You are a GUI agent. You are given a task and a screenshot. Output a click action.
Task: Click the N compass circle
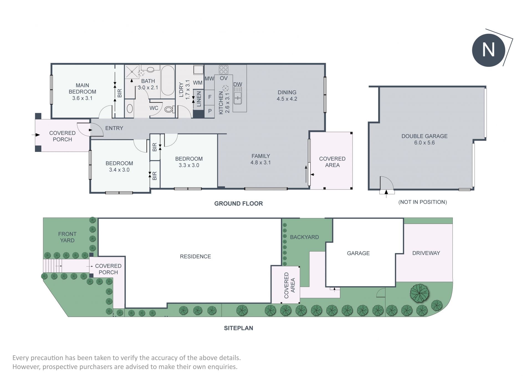pos(488,50)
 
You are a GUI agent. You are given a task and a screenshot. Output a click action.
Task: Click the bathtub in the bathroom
pos(167,80)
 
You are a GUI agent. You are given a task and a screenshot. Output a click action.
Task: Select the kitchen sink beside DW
pos(238,95)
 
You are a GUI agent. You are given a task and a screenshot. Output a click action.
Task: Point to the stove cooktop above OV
pos(224,70)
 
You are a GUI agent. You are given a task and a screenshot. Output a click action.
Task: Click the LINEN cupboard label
pos(199,99)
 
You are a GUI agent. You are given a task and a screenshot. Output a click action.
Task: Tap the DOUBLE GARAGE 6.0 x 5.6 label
pos(424,139)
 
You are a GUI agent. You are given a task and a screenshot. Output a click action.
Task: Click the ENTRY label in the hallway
pos(114,128)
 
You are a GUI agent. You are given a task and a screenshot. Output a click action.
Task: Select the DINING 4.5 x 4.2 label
pos(287,95)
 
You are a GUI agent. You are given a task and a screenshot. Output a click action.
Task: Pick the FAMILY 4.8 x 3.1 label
pos(261,159)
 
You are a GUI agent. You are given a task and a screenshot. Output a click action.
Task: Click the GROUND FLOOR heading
pos(239,203)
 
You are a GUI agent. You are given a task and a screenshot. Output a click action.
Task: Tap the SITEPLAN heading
pos(239,328)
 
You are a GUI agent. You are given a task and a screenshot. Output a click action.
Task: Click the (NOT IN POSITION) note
pos(423,202)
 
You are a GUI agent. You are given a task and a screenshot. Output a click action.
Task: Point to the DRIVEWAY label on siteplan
pos(426,253)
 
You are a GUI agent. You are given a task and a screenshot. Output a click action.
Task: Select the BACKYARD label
pos(304,237)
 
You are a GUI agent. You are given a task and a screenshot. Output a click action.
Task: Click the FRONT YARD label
pos(67,237)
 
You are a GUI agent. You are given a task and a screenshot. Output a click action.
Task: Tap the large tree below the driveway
pos(420,293)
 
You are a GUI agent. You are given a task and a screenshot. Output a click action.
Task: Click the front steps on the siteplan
pos(52,266)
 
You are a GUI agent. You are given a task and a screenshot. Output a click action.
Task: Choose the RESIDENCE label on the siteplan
pos(195,257)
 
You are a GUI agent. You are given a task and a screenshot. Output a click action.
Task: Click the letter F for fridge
pos(210,97)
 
